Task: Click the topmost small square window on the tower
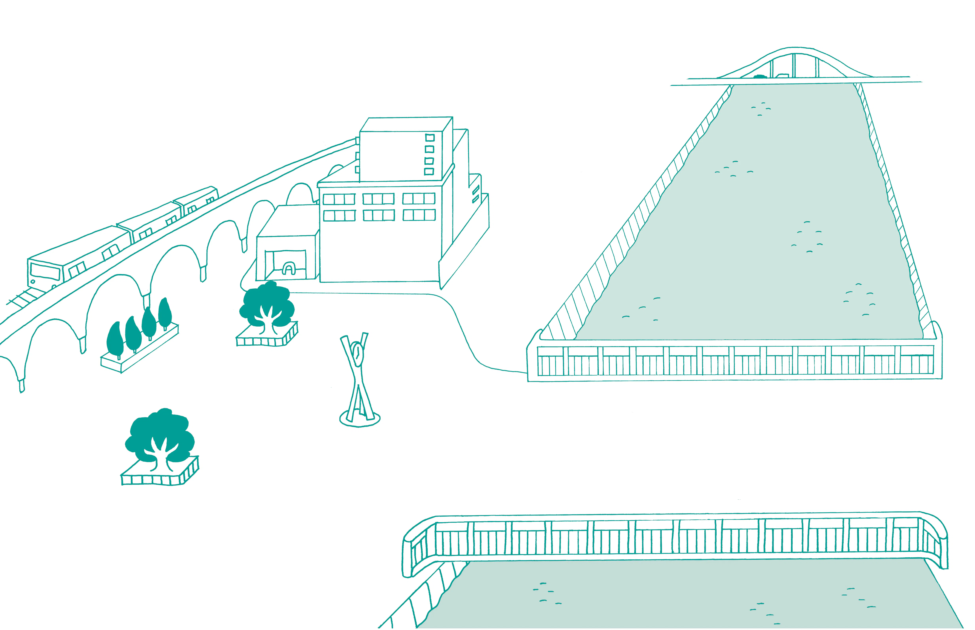[429, 137]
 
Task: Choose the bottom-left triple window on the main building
[339, 216]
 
